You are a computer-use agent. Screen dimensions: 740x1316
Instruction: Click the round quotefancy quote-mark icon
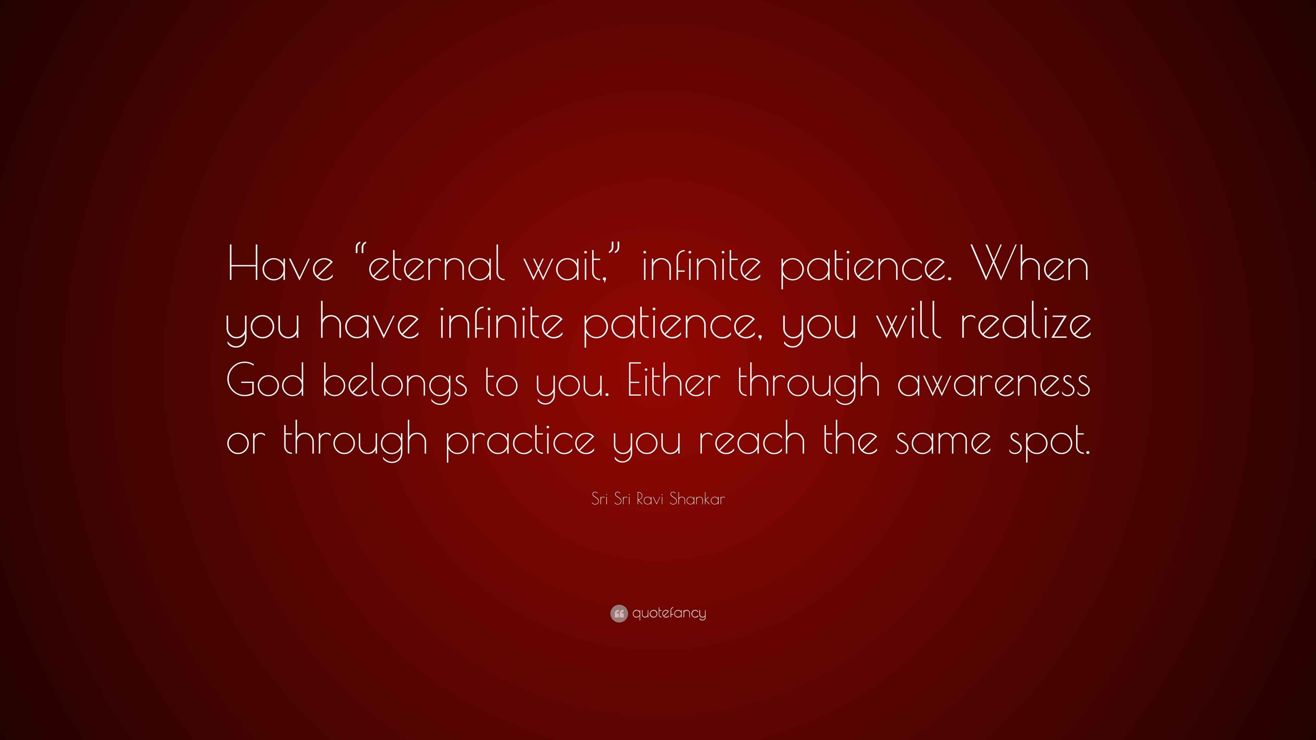tap(619, 613)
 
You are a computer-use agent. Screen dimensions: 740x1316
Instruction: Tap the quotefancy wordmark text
tap(669, 613)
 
